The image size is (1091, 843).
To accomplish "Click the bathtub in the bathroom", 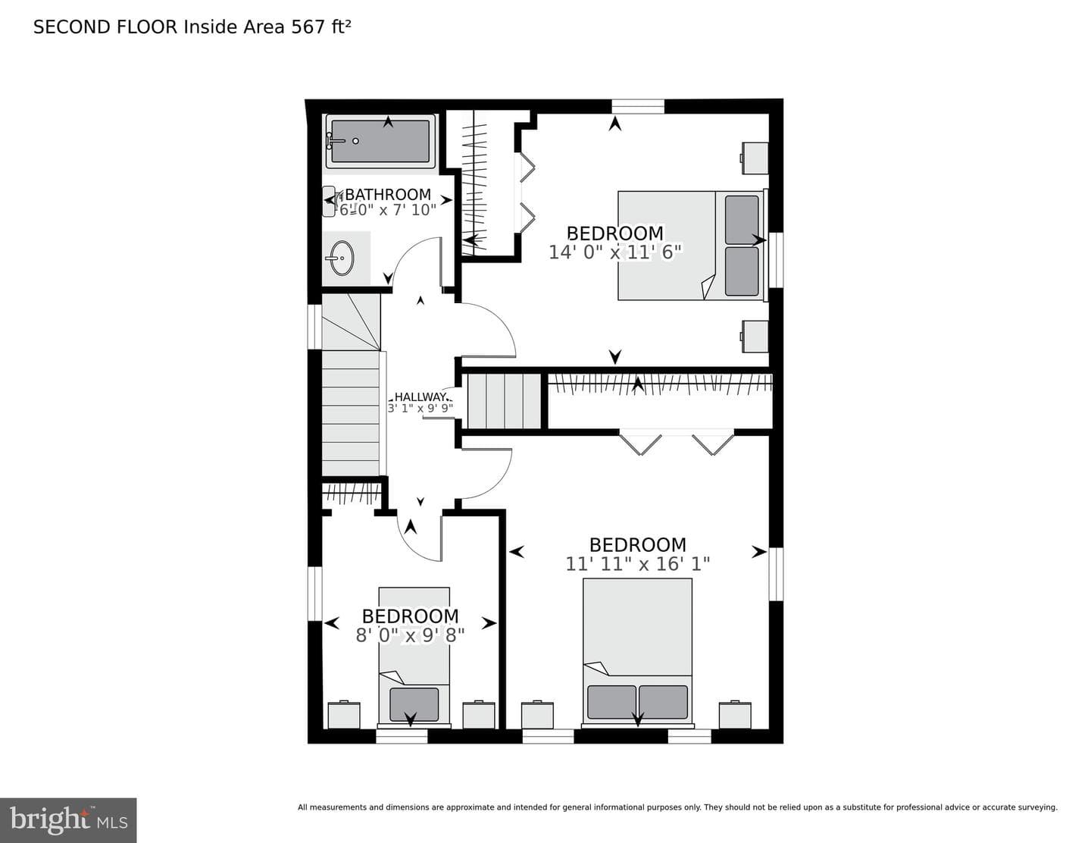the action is (x=380, y=141).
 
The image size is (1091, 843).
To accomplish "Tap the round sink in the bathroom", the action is (x=342, y=259).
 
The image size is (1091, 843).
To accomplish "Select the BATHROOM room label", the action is (x=388, y=194).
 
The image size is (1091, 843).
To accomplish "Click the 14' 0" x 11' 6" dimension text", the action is (x=615, y=252).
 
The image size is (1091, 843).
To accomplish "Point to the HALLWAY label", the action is (x=420, y=397).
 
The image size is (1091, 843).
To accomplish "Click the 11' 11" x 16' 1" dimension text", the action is (x=638, y=564).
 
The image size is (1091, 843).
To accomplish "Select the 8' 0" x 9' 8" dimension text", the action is (x=410, y=635).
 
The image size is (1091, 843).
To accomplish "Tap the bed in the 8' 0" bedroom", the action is (x=414, y=657).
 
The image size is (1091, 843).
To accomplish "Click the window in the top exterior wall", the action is (x=638, y=106).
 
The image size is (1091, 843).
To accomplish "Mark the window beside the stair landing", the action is (x=314, y=327).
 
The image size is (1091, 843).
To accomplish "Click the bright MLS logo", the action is (x=68, y=820).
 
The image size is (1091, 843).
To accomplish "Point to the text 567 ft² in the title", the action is (x=321, y=27).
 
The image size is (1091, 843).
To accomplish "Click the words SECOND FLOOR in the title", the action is (x=105, y=27).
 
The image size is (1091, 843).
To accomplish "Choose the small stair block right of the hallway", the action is (x=504, y=400).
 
